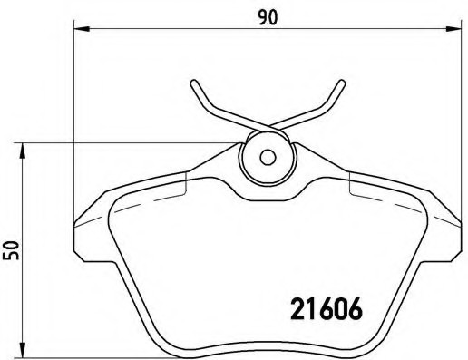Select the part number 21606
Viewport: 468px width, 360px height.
(x=326, y=308)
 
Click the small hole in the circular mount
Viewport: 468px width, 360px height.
(x=267, y=156)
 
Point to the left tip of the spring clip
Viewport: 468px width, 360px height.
(x=194, y=84)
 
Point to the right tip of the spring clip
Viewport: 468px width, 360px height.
(x=342, y=83)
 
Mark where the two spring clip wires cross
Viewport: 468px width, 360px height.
(x=267, y=128)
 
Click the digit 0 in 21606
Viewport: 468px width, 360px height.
(x=340, y=308)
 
